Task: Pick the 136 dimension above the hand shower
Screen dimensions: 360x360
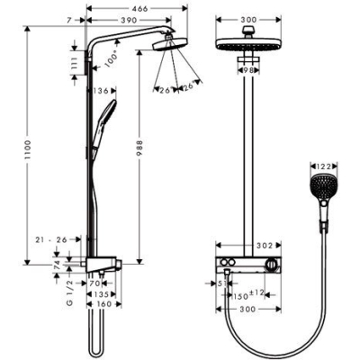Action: (x=102, y=91)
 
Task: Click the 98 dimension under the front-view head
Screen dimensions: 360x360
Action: (x=244, y=69)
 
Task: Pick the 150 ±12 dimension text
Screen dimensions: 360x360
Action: (x=245, y=295)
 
